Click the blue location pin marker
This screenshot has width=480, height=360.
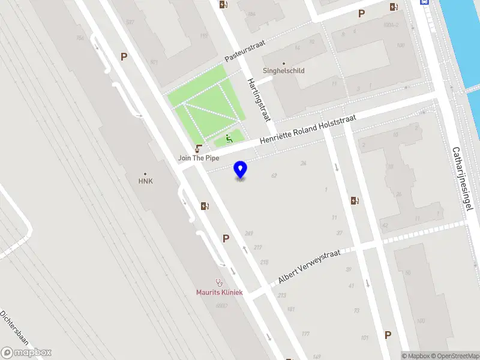point(241,170)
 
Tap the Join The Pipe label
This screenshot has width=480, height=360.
point(197,158)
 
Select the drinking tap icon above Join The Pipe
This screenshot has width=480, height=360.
point(198,148)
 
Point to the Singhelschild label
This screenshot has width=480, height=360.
point(284,71)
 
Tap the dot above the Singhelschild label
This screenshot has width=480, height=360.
point(284,63)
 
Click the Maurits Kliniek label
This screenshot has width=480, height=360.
point(219,292)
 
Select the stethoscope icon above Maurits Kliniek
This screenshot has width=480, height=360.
point(219,282)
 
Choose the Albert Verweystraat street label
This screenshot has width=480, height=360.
point(309,267)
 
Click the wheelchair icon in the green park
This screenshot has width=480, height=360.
point(229,139)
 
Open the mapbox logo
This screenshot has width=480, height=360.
point(26,353)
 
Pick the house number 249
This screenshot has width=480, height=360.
point(249,233)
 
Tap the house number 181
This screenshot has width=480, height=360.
point(291,310)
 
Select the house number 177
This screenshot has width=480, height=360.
point(305,334)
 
